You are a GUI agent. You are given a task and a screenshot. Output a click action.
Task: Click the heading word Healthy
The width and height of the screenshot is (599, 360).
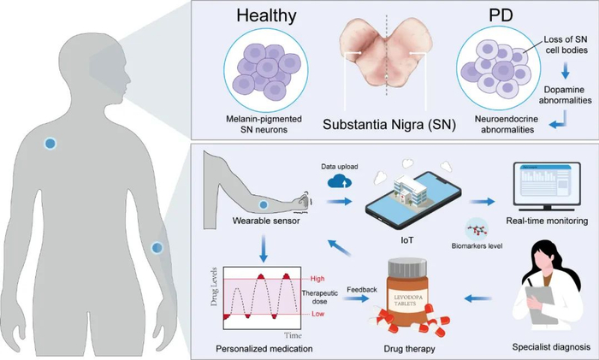pos(266,15)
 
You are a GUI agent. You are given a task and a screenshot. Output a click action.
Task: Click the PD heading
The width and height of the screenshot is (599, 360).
pos(501,15)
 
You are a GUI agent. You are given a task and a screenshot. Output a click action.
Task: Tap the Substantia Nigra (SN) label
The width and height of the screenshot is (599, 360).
pos(389,125)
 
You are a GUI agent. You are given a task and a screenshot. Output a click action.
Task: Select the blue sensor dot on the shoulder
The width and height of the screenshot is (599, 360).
pos(50,144)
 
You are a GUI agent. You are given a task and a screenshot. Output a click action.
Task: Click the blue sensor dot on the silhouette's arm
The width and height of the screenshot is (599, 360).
pos(157,248)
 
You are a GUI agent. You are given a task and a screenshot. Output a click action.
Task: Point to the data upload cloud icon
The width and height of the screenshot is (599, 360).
pos(340,181)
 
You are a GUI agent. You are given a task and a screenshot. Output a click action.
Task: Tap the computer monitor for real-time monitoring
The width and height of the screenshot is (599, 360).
pos(548,186)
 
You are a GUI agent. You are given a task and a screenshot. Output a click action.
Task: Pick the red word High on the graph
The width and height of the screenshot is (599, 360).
pos(317,279)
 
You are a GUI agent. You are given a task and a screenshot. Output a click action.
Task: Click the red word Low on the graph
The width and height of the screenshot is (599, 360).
pos(317,314)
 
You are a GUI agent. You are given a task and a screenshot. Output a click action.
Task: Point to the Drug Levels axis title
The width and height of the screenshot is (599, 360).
pos(214,286)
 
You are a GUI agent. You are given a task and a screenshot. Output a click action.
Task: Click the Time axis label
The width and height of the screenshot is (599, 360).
pos(293,335)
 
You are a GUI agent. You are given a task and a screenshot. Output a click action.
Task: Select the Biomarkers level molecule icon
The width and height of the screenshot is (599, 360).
pos(477,230)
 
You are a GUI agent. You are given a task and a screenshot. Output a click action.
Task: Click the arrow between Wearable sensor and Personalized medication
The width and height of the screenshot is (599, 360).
pos(263,248)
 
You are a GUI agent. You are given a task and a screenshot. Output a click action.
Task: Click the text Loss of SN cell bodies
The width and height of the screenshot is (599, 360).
pos(566,44)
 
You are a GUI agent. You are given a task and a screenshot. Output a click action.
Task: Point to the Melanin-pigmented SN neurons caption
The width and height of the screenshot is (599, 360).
pos(264,124)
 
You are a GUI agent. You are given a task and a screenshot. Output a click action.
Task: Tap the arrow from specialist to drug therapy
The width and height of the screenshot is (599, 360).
pos(477,298)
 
